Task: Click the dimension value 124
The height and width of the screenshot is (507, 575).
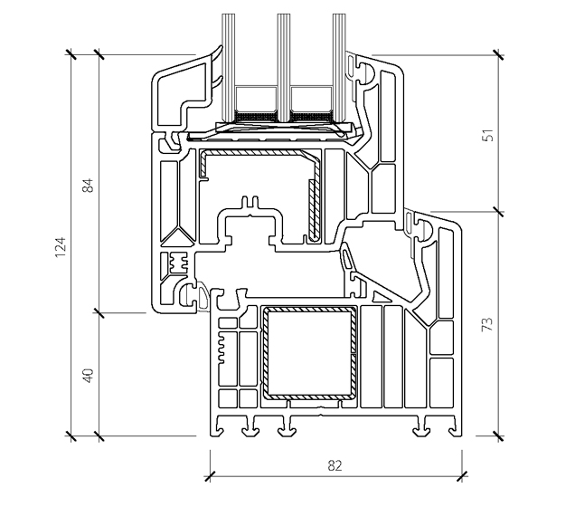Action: click(61, 246)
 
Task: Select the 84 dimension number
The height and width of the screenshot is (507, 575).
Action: click(88, 187)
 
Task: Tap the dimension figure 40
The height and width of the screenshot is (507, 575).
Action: click(88, 375)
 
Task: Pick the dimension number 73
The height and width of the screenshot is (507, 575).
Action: click(488, 324)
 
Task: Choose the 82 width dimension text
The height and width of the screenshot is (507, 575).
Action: click(335, 465)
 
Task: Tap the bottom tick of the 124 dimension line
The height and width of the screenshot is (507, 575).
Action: click(72, 437)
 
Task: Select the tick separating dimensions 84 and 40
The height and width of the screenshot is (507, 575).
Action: click(99, 313)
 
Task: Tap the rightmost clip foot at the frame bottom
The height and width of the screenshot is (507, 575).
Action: click(422, 429)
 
